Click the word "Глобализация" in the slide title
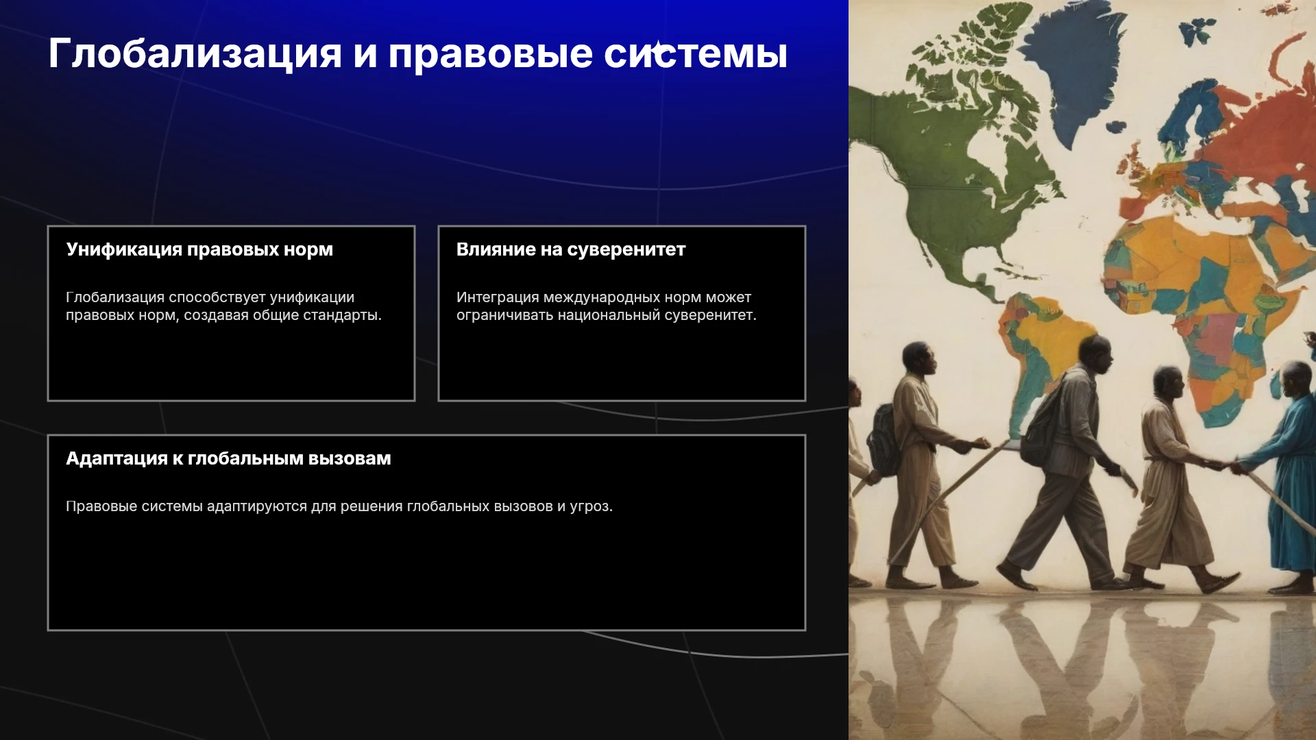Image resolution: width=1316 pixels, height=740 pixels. (195, 53)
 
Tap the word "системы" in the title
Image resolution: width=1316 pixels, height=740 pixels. (696, 53)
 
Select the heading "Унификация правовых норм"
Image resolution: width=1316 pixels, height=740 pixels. (199, 249)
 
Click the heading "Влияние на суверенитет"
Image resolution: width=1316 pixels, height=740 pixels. (571, 249)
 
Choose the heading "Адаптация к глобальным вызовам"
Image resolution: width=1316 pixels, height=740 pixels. (228, 458)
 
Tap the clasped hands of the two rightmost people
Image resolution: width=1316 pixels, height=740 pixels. (1223, 466)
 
